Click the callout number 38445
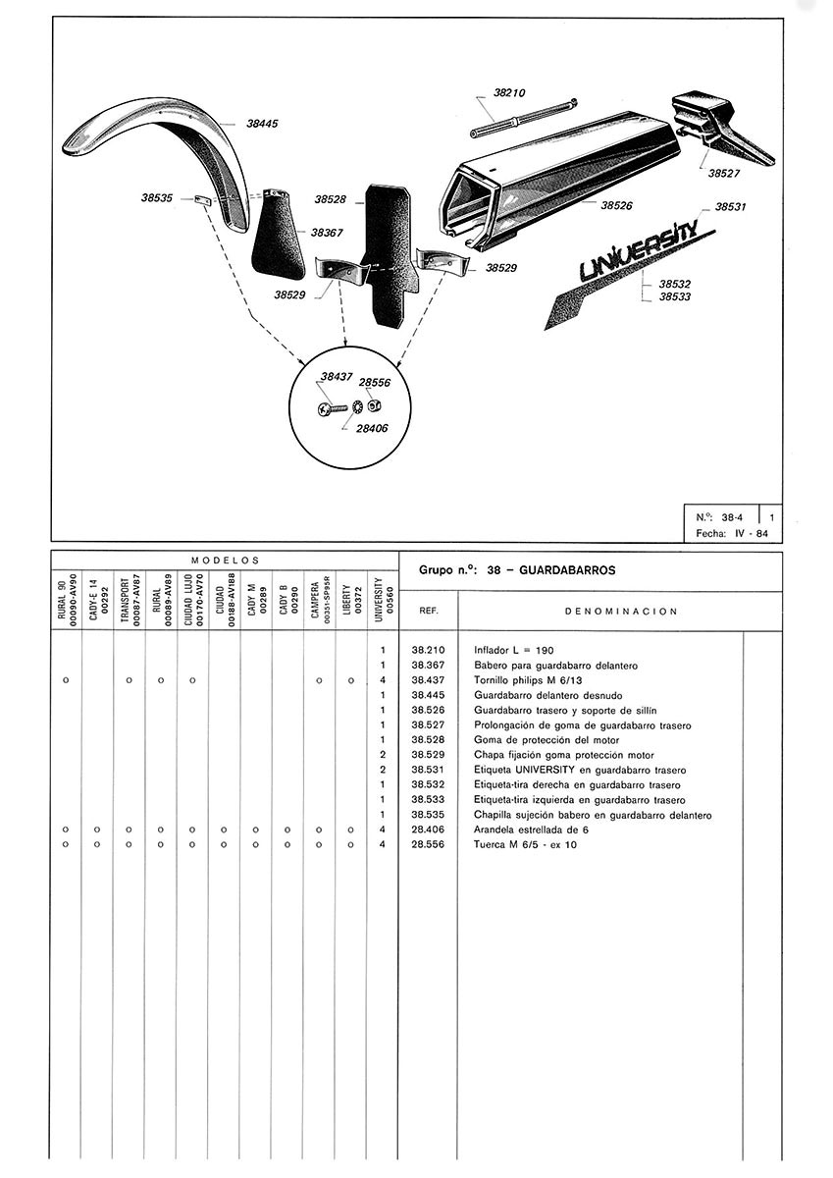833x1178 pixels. click(262, 124)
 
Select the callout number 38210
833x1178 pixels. click(509, 93)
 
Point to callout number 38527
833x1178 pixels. click(724, 173)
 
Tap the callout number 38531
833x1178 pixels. click(730, 207)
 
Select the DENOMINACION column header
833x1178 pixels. click(622, 611)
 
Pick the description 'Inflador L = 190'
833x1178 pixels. click(512, 651)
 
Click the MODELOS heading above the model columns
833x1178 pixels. click(224, 559)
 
